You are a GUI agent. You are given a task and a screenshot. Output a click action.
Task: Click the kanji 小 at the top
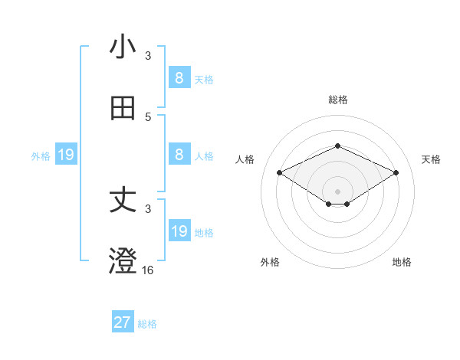123,47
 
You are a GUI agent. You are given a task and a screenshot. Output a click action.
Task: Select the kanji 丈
123,201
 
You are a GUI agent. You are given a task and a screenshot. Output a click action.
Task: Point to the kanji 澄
123,262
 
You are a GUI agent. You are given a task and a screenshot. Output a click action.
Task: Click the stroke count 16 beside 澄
147,270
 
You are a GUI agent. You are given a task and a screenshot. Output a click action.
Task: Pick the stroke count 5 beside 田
148,117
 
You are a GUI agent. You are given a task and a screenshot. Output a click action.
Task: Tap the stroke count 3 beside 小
148,56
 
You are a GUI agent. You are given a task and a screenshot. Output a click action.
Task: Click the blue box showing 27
123,322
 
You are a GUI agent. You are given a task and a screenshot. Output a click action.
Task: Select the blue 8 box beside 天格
179,77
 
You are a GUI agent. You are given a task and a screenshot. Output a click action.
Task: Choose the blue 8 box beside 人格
179,154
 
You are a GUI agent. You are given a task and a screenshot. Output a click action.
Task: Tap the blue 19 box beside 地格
179,231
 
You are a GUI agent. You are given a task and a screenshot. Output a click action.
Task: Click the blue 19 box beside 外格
66,155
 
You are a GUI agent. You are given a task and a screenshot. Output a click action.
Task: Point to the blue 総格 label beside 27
147,324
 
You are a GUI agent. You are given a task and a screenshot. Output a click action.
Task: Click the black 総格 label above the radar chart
337,100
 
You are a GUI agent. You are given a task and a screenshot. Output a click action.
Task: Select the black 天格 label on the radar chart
431,159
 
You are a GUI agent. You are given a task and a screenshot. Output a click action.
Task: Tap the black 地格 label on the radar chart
402,263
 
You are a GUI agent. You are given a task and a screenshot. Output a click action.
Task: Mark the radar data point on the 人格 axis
280,172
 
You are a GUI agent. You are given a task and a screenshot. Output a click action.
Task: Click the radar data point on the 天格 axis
396,172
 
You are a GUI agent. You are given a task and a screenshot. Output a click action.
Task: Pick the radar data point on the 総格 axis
337,146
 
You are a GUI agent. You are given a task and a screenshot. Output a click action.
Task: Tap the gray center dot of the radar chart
337,191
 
